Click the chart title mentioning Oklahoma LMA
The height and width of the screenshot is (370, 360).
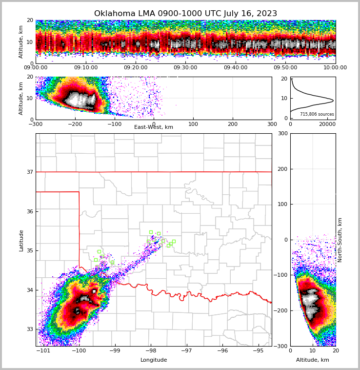point(185,14)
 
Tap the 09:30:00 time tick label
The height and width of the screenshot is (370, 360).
point(185,68)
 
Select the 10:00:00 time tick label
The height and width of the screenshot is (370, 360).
point(335,68)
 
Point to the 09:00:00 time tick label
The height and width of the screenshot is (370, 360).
point(36,68)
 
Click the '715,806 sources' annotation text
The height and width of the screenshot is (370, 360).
point(317,114)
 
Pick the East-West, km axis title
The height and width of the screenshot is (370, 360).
point(154,127)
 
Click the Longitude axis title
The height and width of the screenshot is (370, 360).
point(154,360)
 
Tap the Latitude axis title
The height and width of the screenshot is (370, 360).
point(21,240)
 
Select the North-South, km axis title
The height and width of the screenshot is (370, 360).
point(340,240)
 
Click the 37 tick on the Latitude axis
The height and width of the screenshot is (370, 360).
point(29,172)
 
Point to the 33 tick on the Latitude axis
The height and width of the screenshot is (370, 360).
point(29,329)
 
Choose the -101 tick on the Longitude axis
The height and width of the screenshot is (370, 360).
point(44,350)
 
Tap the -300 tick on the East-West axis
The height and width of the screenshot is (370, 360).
point(36,124)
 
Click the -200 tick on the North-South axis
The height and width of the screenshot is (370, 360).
point(282,310)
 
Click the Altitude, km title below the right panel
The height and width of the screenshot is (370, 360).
point(313,360)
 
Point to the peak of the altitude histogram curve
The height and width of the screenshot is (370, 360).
point(333,101)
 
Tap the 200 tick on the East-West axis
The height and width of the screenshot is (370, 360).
point(233,124)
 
